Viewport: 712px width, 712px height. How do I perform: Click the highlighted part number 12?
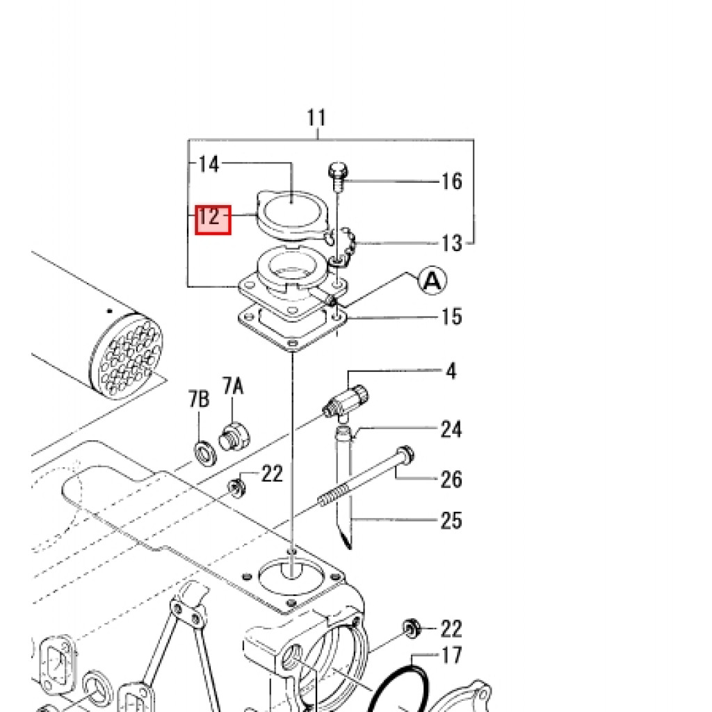coord(213,220)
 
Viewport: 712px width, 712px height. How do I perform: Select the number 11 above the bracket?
coord(316,118)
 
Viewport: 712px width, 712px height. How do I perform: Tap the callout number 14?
coord(209,164)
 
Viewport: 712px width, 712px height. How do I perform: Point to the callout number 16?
coord(452,181)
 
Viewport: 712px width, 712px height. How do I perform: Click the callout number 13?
coord(452,243)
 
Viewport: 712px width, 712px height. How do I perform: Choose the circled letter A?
coord(432,281)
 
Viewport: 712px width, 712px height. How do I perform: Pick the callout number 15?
coord(452,316)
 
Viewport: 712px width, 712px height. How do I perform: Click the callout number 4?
coord(451,371)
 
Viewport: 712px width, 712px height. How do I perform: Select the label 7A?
coord(233,387)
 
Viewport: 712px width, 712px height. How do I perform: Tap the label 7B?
coord(199,399)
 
